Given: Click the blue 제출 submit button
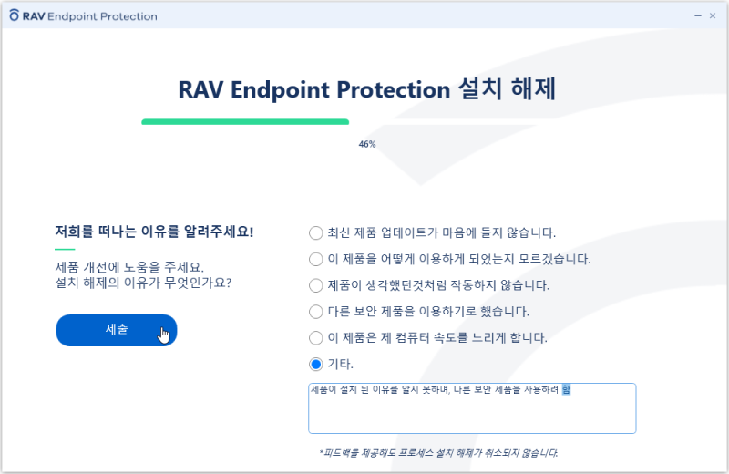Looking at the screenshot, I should click(116, 330).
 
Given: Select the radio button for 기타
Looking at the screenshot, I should click(316, 365).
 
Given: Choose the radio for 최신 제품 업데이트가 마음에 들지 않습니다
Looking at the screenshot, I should click(316, 232).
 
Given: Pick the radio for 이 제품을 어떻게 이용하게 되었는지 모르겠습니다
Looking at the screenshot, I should click(316, 259).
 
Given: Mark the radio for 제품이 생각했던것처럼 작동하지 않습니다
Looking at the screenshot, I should click(316, 285).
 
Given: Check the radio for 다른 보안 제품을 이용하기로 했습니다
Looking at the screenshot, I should click(316, 312).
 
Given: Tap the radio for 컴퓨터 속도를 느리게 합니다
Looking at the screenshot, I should click(316, 338).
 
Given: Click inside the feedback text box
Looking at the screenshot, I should click(471, 415).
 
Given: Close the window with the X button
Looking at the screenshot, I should click(712, 15).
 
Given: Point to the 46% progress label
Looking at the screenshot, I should click(367, 144).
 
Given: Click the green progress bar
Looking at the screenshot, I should click(245, 121).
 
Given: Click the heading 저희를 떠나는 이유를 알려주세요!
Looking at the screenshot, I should click(154, 232).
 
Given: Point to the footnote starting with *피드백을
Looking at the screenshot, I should click(438, 452).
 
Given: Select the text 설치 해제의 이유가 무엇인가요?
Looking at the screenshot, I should click(143, 283).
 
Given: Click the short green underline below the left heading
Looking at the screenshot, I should click(65, 249).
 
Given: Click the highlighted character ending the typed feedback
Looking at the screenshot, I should click(566, 390).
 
